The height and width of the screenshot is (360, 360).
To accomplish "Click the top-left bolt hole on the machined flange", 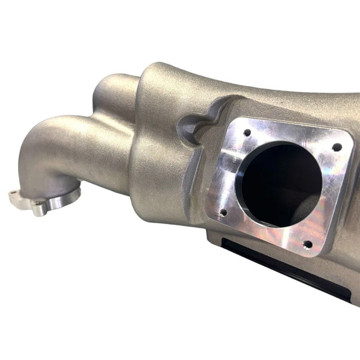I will coord(247,132).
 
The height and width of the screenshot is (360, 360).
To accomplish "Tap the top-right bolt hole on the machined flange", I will coord(337,147).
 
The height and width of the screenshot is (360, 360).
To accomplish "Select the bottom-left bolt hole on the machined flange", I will coord(223,211).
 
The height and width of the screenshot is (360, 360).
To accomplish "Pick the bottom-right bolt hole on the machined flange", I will coord(308,244).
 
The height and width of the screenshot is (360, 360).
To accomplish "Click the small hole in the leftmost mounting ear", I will coord(13,194).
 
